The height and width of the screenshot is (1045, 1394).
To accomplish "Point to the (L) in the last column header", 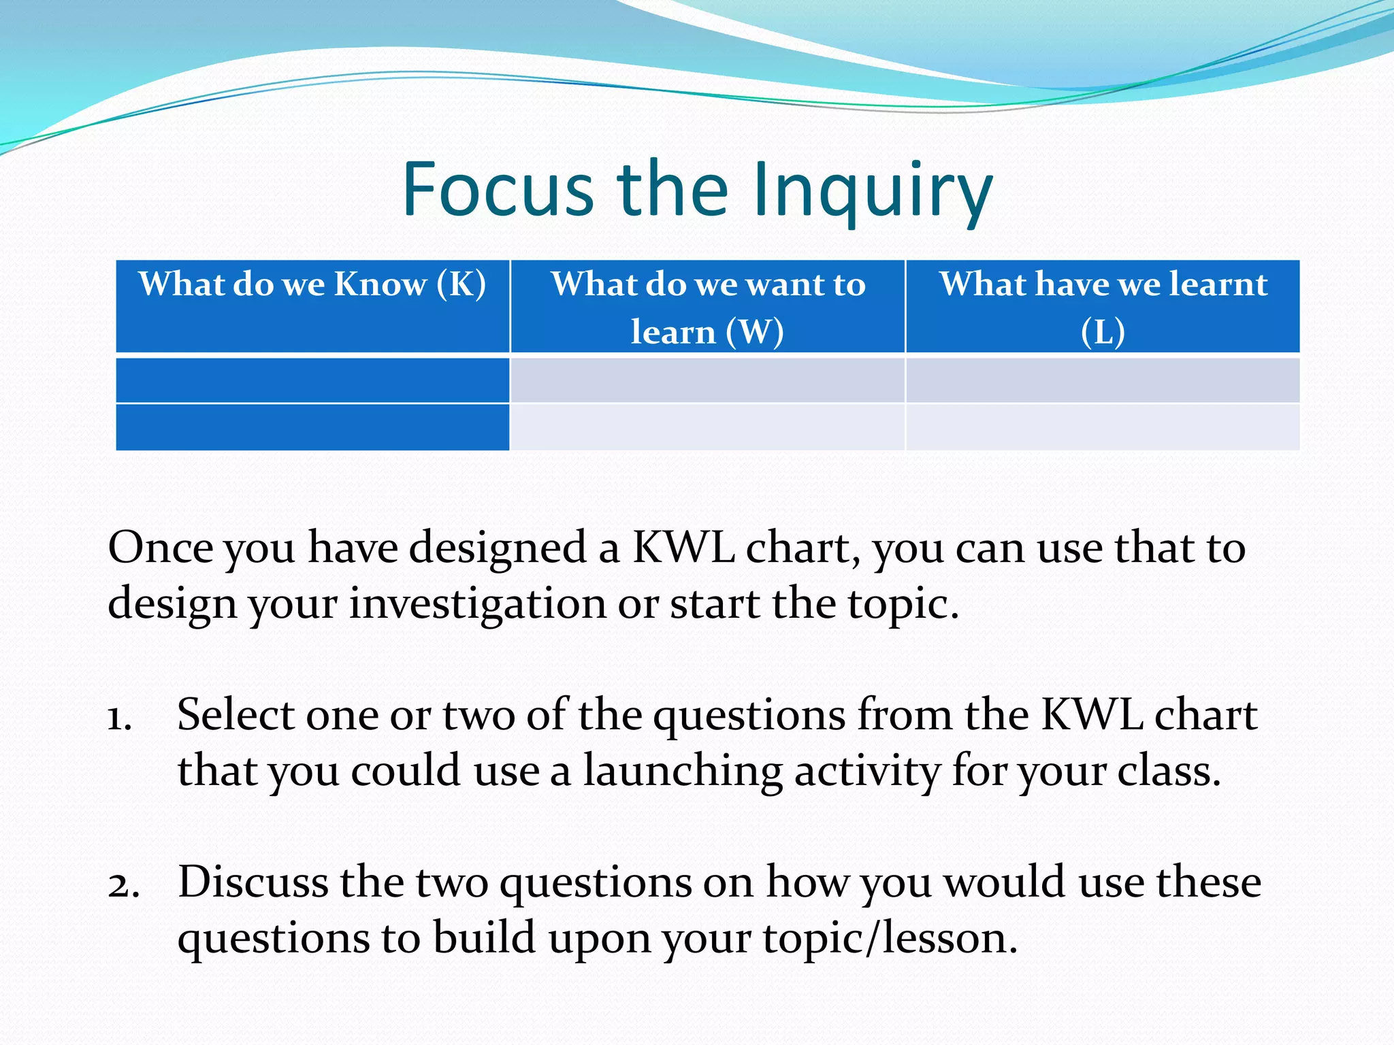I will (x=1103, y=333).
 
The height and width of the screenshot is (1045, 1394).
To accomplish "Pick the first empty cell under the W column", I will (x=707, y=380).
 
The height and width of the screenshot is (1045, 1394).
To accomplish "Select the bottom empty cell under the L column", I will (x=1103, y=427).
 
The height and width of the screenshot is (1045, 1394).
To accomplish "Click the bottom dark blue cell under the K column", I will (x=312, y=427).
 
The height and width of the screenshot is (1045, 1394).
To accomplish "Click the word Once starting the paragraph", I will (x=160, y=548).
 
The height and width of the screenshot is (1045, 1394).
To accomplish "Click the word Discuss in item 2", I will (x=253, y=882).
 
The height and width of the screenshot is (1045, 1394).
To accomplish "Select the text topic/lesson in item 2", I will (x=890, y=939).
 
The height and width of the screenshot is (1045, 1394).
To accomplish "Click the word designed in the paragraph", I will (x=498, y=548).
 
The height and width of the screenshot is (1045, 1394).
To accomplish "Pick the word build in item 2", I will (x=484, y=939).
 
